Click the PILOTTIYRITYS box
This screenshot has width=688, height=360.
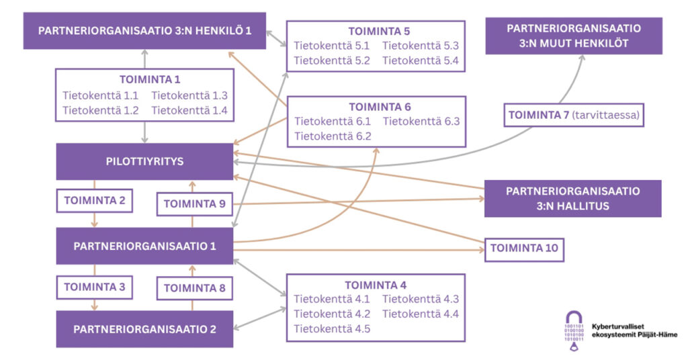(x=144, y=161)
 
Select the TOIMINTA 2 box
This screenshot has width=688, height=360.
(x=95, y=201)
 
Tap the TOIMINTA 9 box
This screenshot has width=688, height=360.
(x=195, y=204)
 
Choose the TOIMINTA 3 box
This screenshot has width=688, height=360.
(x=95, y=287)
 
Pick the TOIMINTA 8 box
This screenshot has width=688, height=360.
(x=195, y=288)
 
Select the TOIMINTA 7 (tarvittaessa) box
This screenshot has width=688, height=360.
(x=574, y=116)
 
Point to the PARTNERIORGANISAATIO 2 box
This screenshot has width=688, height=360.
(x=144, y=329)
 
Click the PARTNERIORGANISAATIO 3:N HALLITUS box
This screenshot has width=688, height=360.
(x=572, y=199)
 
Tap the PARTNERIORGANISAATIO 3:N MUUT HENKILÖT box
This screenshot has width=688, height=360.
(x=574, y=36)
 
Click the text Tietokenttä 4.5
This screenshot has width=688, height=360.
(x=332, y=329)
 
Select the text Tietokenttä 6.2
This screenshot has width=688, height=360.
(x=333, y=136)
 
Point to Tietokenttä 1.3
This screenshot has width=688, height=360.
(x=189, y=95)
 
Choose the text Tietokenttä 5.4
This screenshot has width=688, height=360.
(x=421, y=60)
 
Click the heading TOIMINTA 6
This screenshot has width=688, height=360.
(x=380, y=107)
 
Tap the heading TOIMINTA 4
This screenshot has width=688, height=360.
(x=376, y=285)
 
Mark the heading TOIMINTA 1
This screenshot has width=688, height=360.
(x=150, y=79)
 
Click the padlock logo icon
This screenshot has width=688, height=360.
(x=574, y=330)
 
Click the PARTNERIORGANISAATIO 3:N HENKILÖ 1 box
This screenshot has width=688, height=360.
(x=144, y=31)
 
